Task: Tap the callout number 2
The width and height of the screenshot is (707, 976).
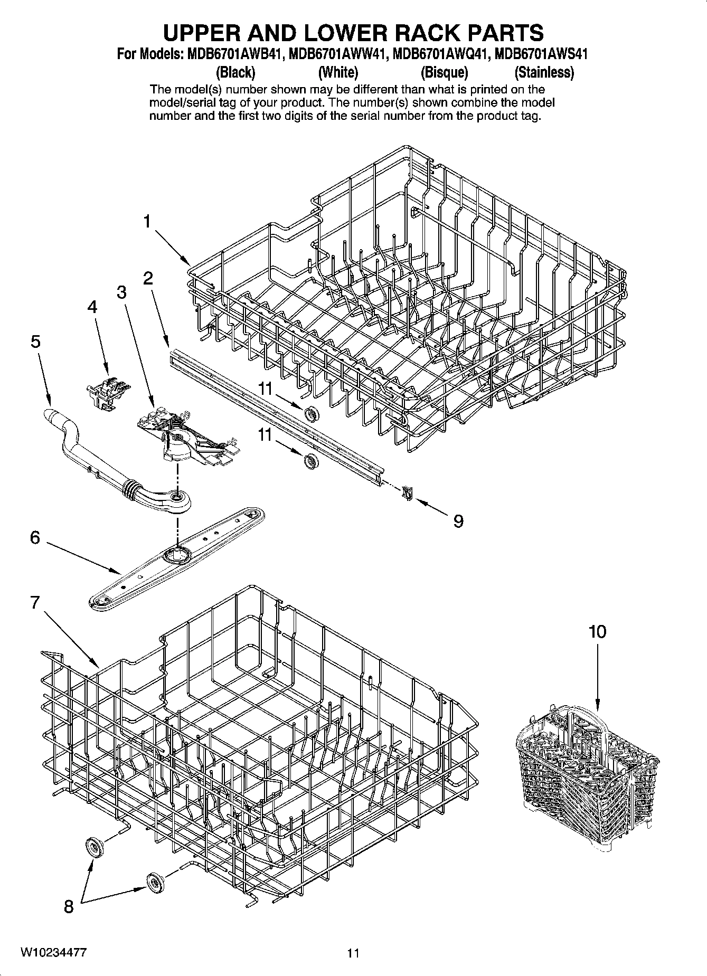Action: (x=148, y=278)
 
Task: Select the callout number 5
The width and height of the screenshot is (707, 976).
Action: (x=35, y=342)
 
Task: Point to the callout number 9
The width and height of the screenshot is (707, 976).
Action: (x=458, y=522)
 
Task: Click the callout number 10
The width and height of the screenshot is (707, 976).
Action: (x=597, y=631)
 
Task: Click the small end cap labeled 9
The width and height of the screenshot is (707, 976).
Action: (x=407, y=492)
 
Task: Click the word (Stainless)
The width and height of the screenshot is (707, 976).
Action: (x=544, y=72)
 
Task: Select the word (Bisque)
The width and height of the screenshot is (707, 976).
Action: (x=444, y=72)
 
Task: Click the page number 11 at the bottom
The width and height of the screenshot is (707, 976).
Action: (x=353, y=953)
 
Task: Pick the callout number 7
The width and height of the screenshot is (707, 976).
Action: (x=35, y=602)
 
